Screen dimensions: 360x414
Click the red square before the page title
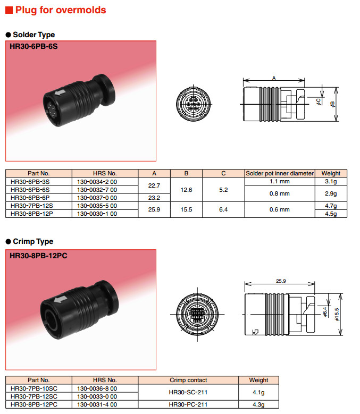pos(9,10)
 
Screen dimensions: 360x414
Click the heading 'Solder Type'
pos(34,35)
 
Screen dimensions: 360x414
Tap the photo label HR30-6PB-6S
pos(34,46)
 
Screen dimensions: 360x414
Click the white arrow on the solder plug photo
pos(60,92)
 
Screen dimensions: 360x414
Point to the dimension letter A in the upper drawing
pos(274,78)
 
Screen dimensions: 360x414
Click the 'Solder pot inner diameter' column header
pos(280,173)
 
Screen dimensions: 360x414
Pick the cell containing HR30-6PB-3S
pos(30,182)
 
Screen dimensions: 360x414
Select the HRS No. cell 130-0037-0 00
pos(97,198)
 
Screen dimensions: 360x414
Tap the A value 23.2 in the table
pos(154,198)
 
